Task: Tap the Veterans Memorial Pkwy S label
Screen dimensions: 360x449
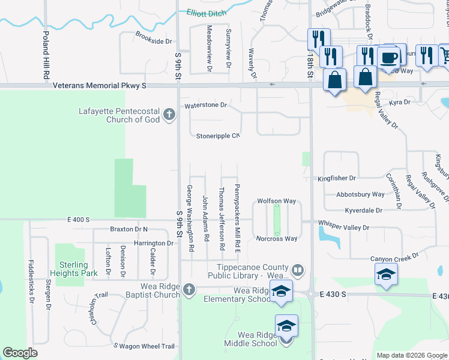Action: [x=100, y=86]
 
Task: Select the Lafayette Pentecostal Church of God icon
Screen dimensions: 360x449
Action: [x=169, y=114]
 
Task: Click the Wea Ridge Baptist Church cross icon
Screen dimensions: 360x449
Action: [x=189, y=290]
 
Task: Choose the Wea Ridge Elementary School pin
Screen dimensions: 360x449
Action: [x=281, y=292]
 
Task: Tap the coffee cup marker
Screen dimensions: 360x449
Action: [x=389, y=58]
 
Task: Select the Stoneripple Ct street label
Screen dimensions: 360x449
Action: [x=218, y=136]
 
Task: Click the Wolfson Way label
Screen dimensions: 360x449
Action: [x=277, y=201]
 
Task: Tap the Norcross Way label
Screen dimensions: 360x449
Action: [x=277, y=239]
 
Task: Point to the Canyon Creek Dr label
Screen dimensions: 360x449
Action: [x=394, y=259]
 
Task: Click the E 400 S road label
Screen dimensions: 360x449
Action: [x=78, y=220]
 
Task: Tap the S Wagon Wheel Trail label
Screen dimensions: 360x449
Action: [x=144, y=346]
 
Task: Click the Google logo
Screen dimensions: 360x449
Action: [x=20, y=353]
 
